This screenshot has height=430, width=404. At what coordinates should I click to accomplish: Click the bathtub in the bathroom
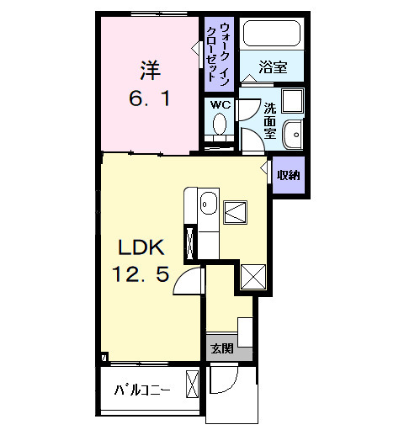tap(270, 35)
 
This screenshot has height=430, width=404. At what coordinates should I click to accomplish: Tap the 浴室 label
tap(272, 66)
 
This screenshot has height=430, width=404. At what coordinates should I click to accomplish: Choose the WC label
tap(220, 105)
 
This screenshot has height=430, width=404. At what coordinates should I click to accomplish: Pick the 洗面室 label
tap(269, 119)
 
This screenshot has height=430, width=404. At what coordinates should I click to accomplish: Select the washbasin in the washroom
tap(292, 135)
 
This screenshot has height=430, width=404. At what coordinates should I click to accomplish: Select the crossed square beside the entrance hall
tap(253, 276)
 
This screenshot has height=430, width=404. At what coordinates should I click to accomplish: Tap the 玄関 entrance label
tap(221, 348)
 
